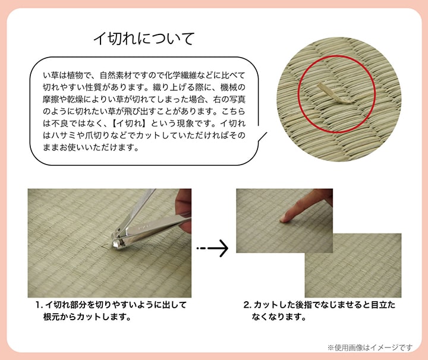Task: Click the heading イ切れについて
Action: tap(144, 39)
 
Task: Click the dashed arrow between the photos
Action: tap(213, 248)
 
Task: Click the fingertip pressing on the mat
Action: tap(285, 217)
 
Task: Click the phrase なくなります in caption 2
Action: tap(279, 317)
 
